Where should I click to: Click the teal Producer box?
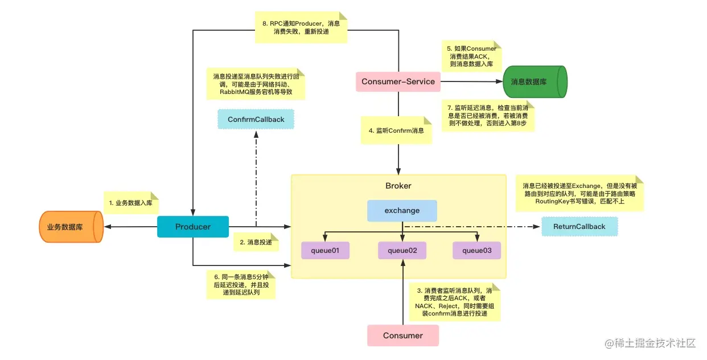coord(193,227)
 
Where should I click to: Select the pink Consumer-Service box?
coord(398,81)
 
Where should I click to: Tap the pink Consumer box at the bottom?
coord(402,336)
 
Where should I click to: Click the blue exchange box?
coord(402,210)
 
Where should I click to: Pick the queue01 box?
coord(325,250)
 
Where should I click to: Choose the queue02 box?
coord(402,250)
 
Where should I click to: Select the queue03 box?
coord(477,250)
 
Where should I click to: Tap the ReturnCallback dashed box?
coord(579,227)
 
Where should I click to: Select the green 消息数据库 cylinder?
coord(535,81)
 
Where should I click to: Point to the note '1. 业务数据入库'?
coord(130,202)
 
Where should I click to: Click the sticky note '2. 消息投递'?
coord(256,242)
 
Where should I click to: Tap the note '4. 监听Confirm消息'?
coord(396,130)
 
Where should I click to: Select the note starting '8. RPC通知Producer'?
coord(301,28)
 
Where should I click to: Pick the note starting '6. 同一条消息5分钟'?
coord(241,284)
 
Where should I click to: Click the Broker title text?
coord(398,186)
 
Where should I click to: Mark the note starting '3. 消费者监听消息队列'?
coord(454,302)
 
